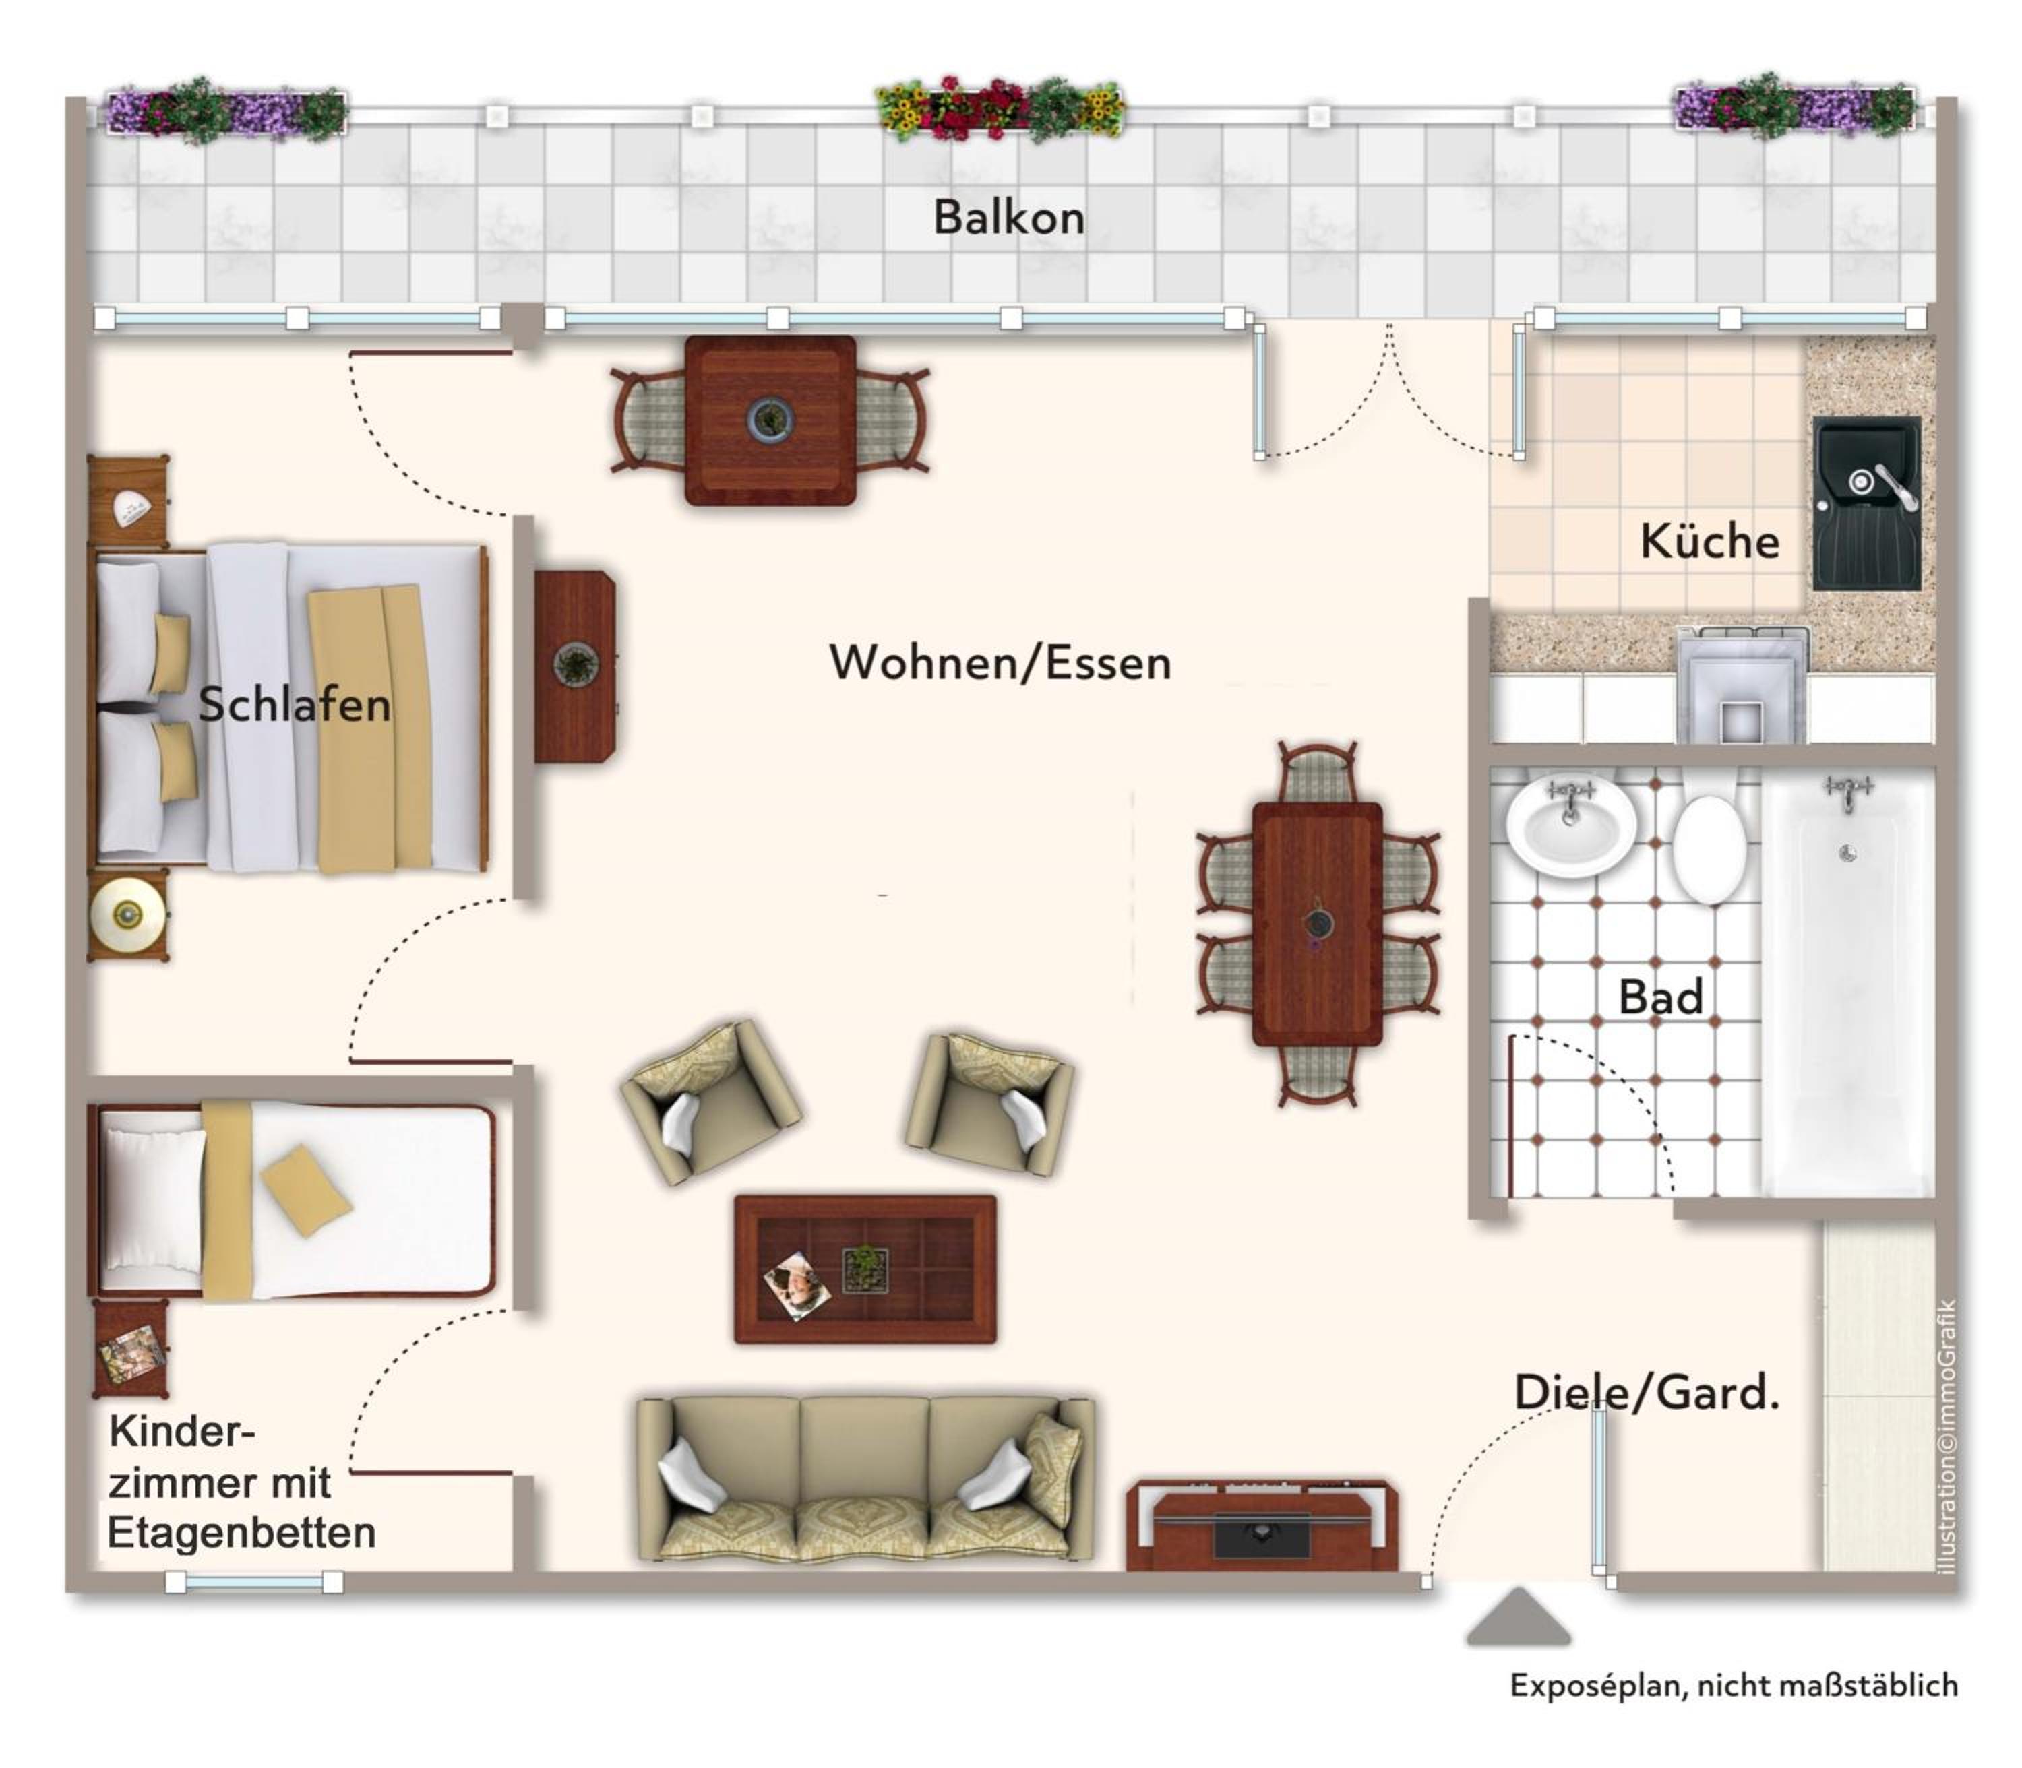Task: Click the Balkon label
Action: click(1008, 217)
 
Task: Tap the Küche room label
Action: click(1709, 540)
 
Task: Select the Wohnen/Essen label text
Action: click(1000, 662)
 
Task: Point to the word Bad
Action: click(1661, 997)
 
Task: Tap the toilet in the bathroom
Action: click(1709, 848)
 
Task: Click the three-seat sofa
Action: click(865, 1479)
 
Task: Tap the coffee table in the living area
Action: click(865, 1269)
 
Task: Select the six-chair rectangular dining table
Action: click(1318, 924)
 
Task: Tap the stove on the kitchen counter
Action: click(1743, 685)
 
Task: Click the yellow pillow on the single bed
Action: click(306, 1190)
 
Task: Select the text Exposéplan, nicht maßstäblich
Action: click(1734, 1685)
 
